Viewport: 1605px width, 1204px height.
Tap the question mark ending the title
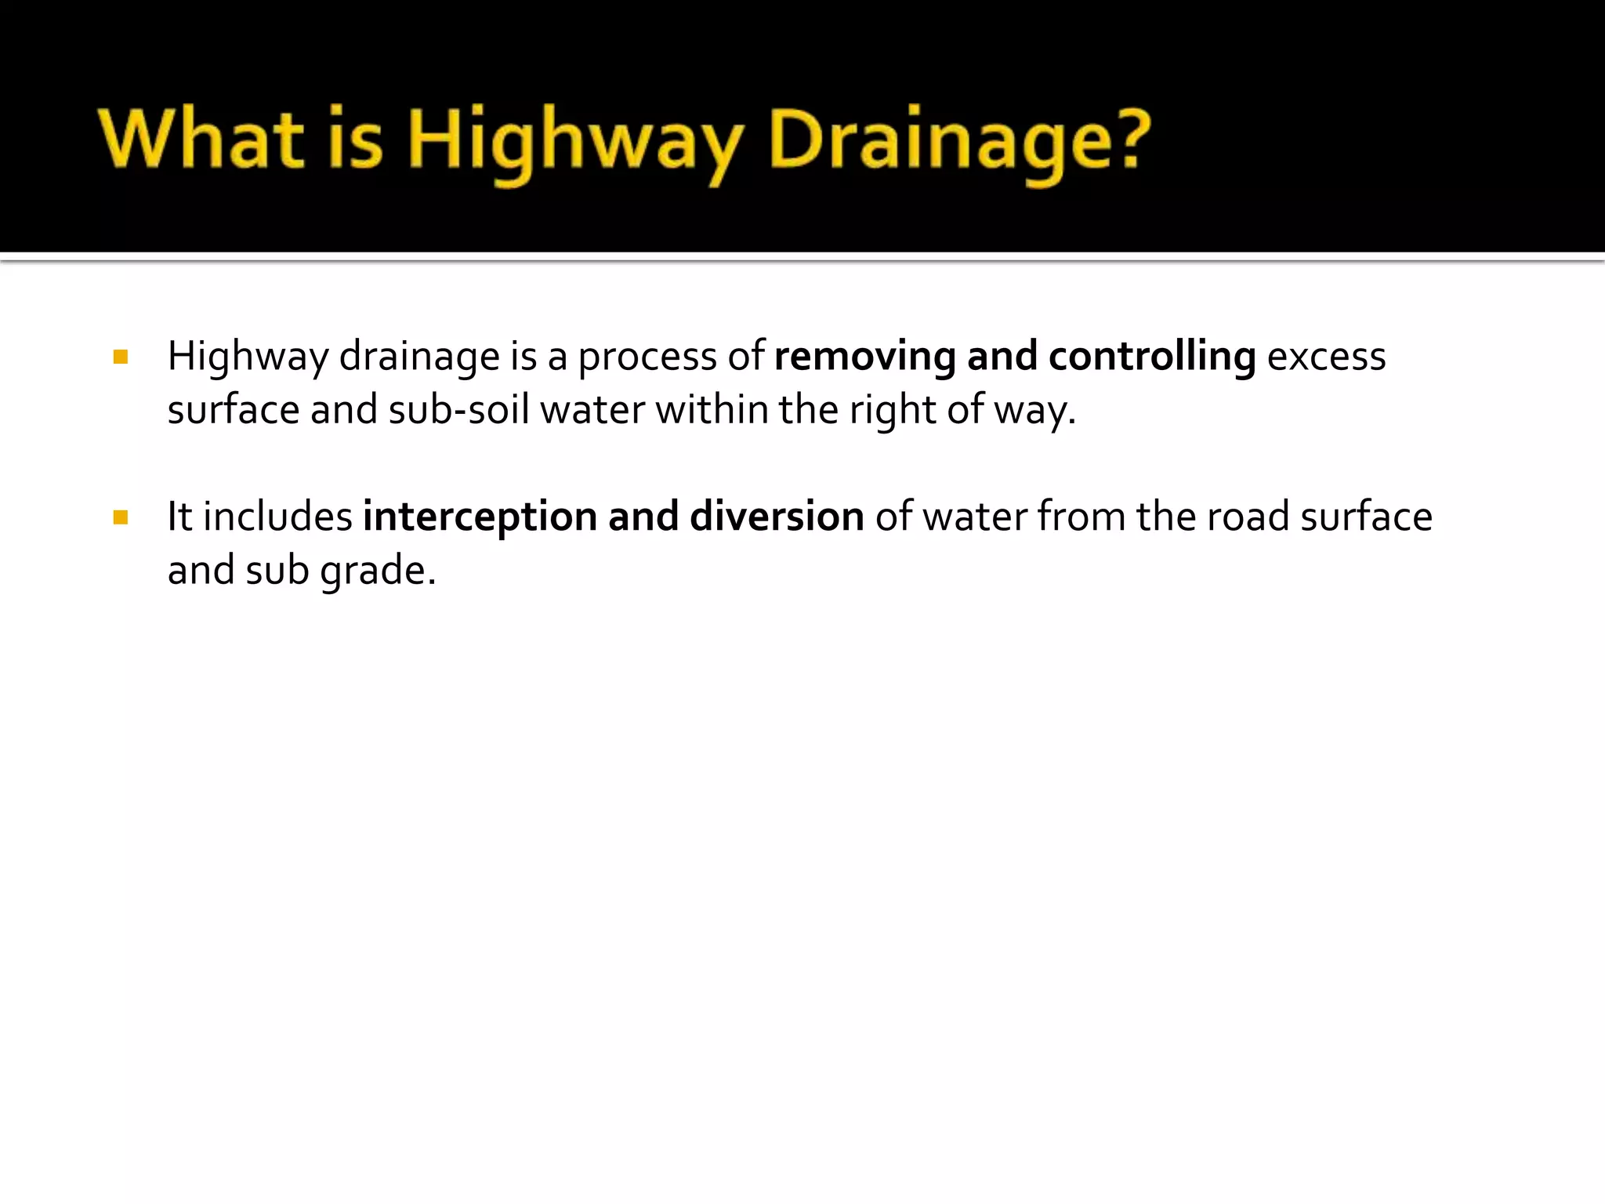1126,140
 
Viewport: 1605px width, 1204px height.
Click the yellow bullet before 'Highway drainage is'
120,358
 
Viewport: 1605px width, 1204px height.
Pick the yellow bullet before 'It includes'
120,517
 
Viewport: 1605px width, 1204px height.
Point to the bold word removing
864,357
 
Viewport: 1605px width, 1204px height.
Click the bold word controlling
1152,357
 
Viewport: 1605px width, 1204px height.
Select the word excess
1326,357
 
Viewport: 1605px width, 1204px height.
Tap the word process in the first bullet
647,358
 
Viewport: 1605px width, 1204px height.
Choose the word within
712,410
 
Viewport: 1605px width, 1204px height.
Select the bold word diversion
777,517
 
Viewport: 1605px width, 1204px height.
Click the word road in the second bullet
1248,517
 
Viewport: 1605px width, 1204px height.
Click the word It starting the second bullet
179,517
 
